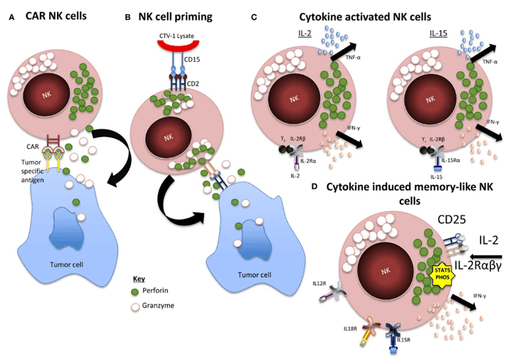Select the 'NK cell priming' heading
(181, 11)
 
